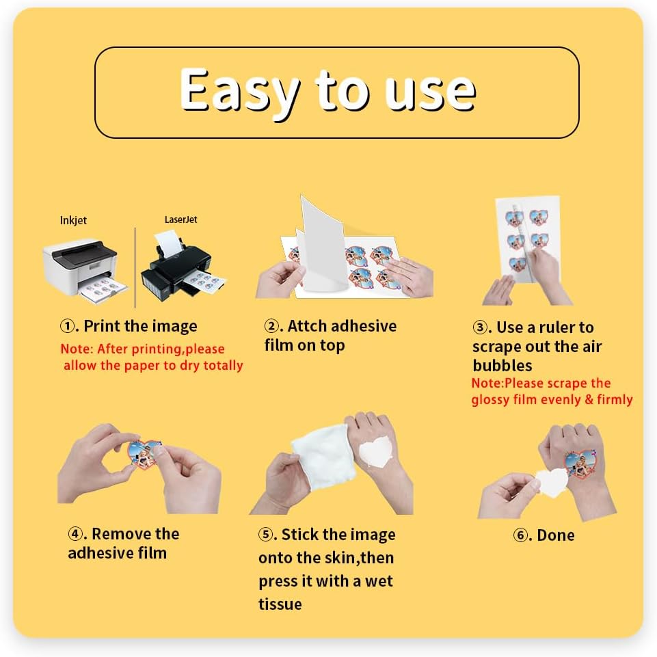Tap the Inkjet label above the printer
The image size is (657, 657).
pos(73,221)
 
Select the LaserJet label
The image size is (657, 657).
pos(180,219)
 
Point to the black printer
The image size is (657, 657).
pos(182,267)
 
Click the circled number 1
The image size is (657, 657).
pos(67,326)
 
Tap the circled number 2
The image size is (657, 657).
pos(271,326)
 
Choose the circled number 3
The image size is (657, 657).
pos(480,327)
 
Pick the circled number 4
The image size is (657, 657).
pos(75,534)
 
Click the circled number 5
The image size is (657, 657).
pos(265,535)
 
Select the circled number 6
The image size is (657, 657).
pos(520,535)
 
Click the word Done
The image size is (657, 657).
pos(556,535)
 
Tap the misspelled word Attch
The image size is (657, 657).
pos(307,326)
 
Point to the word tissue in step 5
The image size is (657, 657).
pos(280,604)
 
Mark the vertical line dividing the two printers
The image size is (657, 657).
pos(135,268)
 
